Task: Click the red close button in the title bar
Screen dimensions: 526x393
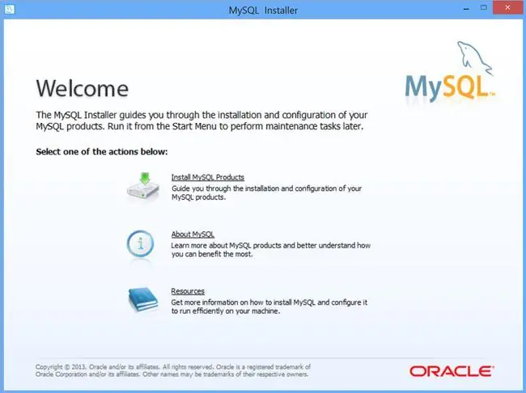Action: coord(507,7)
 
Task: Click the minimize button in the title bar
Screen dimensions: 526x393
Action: coord(466,9)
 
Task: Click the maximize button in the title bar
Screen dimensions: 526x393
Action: coord(483,7)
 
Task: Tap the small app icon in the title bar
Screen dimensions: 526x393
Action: coord(10,9)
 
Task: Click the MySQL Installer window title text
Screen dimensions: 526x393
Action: coord(263,11)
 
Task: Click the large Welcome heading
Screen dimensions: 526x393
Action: coord(83,88)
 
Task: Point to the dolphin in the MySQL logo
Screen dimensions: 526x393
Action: coord(475,57)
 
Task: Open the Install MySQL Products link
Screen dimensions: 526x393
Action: coord(208,177)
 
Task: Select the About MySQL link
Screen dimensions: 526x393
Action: coord(193,235)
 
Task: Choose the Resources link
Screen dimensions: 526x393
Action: coord(188,291)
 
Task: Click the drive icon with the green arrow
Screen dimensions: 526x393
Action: coord(143,187)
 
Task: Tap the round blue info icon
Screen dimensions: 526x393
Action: coord(140,243)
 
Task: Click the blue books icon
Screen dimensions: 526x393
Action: coord(143,299)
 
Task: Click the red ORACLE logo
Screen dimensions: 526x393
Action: coord(452,371)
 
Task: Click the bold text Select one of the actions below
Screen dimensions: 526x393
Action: coord(102,152)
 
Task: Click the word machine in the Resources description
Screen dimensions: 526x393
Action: coord(266,311)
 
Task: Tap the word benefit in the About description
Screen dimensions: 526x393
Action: coord(210,254)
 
